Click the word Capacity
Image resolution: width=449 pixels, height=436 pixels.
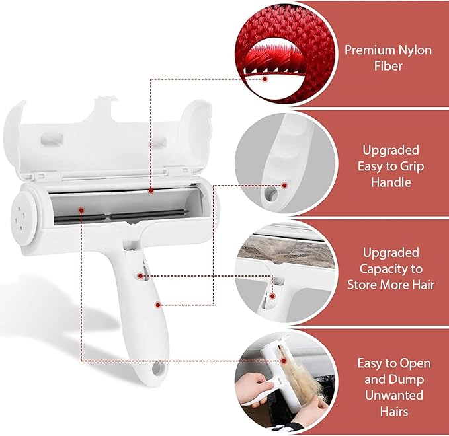click(x=390, y=269)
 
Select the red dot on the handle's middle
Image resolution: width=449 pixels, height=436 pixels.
click(x=157, y=305)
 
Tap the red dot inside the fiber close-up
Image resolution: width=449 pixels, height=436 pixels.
click(x=265, y=79)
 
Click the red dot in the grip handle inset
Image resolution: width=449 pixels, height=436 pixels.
click(x=286, y=186)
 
